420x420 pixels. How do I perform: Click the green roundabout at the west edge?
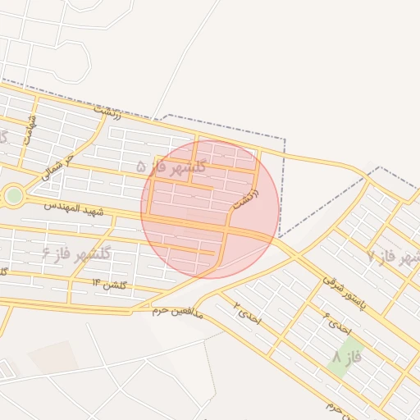(13, 195)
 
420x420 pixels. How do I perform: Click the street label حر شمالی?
(59, 167)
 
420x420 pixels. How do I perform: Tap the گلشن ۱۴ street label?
(109, 284)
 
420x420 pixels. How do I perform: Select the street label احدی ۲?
(245, 312)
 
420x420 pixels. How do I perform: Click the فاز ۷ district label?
(389, 258)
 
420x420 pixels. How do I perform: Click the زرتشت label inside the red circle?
(245, 198)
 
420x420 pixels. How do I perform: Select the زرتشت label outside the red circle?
(107, 111)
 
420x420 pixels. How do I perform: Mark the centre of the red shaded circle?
(210, 209)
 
